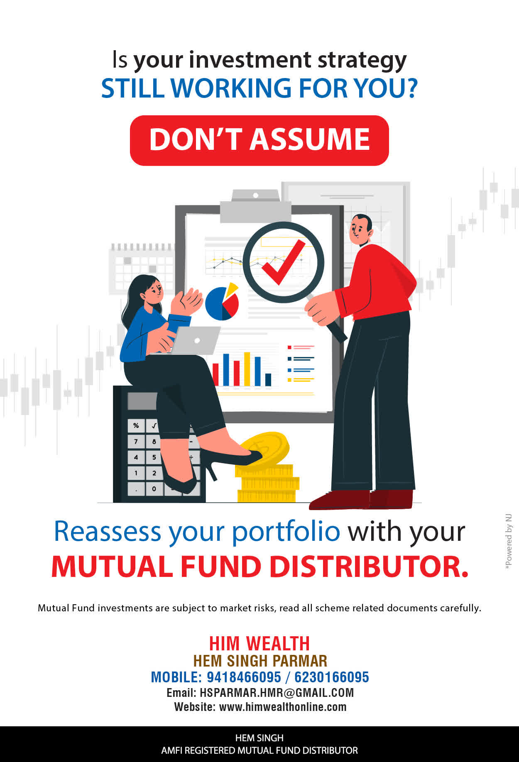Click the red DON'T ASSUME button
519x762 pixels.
click(259, 140)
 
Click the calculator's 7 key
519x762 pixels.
click(136, 441)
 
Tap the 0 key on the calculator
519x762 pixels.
click(154, 488)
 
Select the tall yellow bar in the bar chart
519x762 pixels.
click(247, 369)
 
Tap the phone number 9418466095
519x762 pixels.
click(244, 677)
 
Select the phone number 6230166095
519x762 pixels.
click(331, 677)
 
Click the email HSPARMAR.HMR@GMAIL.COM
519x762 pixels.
click(277, 693)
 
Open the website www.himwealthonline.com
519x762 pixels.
click(283, 707)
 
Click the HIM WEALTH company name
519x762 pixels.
click(259, 644)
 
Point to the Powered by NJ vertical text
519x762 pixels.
click(508, 542)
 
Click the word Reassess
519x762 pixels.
click(108, 532)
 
